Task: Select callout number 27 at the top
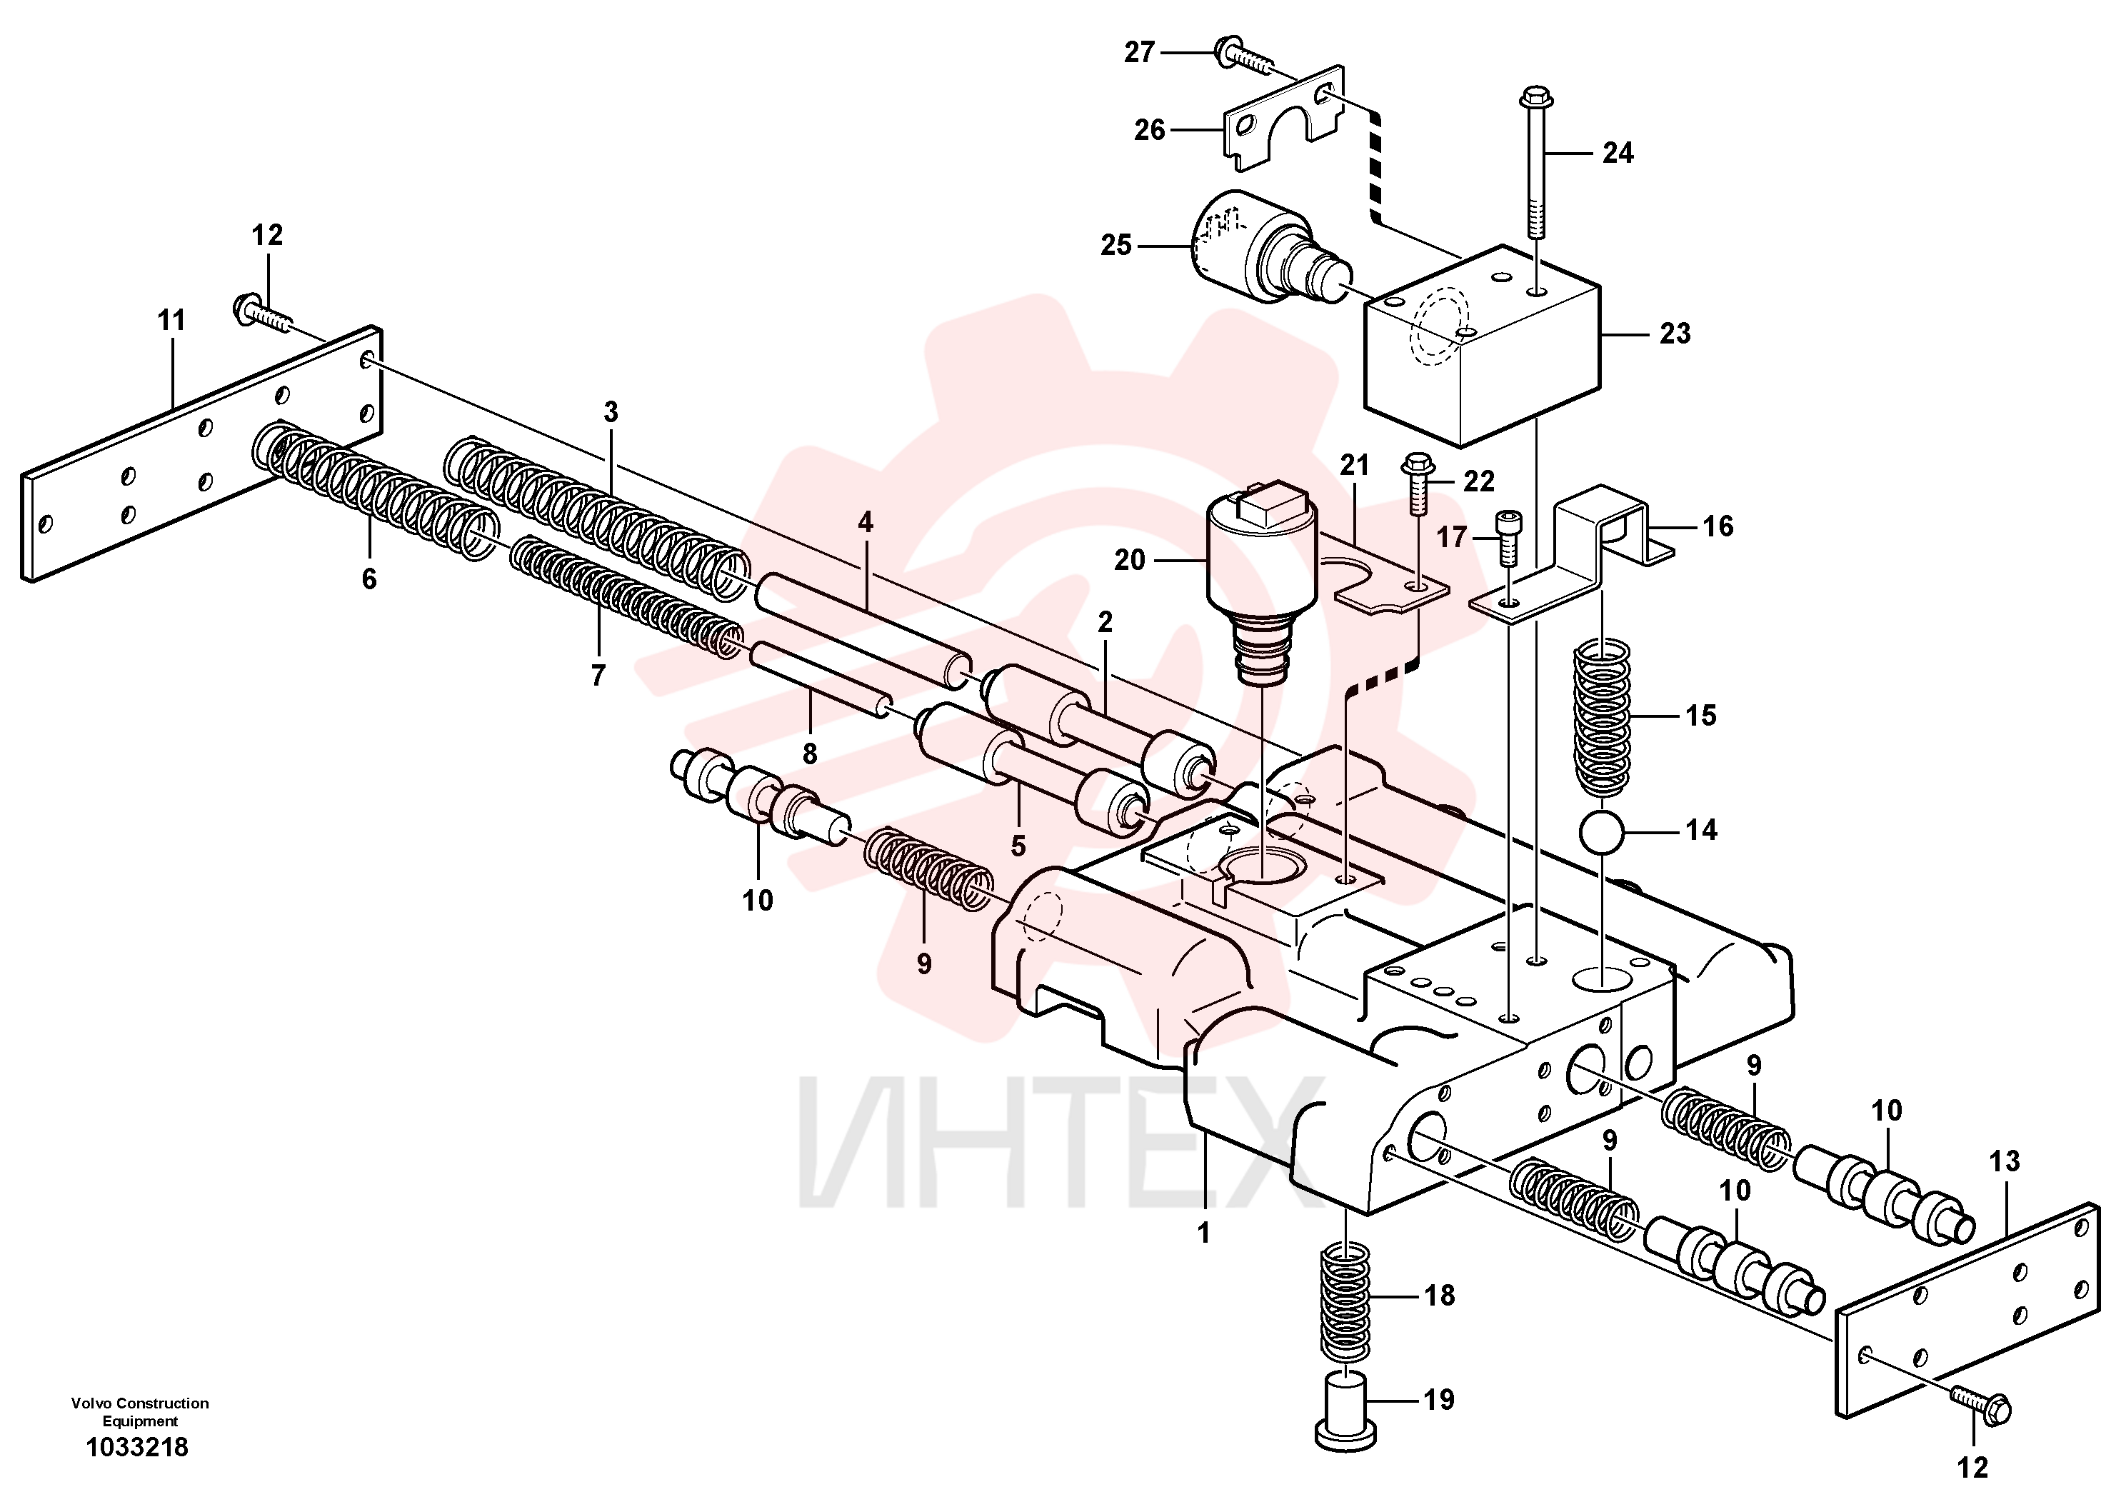coord(1139,53)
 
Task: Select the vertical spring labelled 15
coord(1603,718)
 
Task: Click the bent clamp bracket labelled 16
coord(1574,556)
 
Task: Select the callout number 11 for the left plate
coord(171,321)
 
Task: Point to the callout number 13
coord(2005,1161)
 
